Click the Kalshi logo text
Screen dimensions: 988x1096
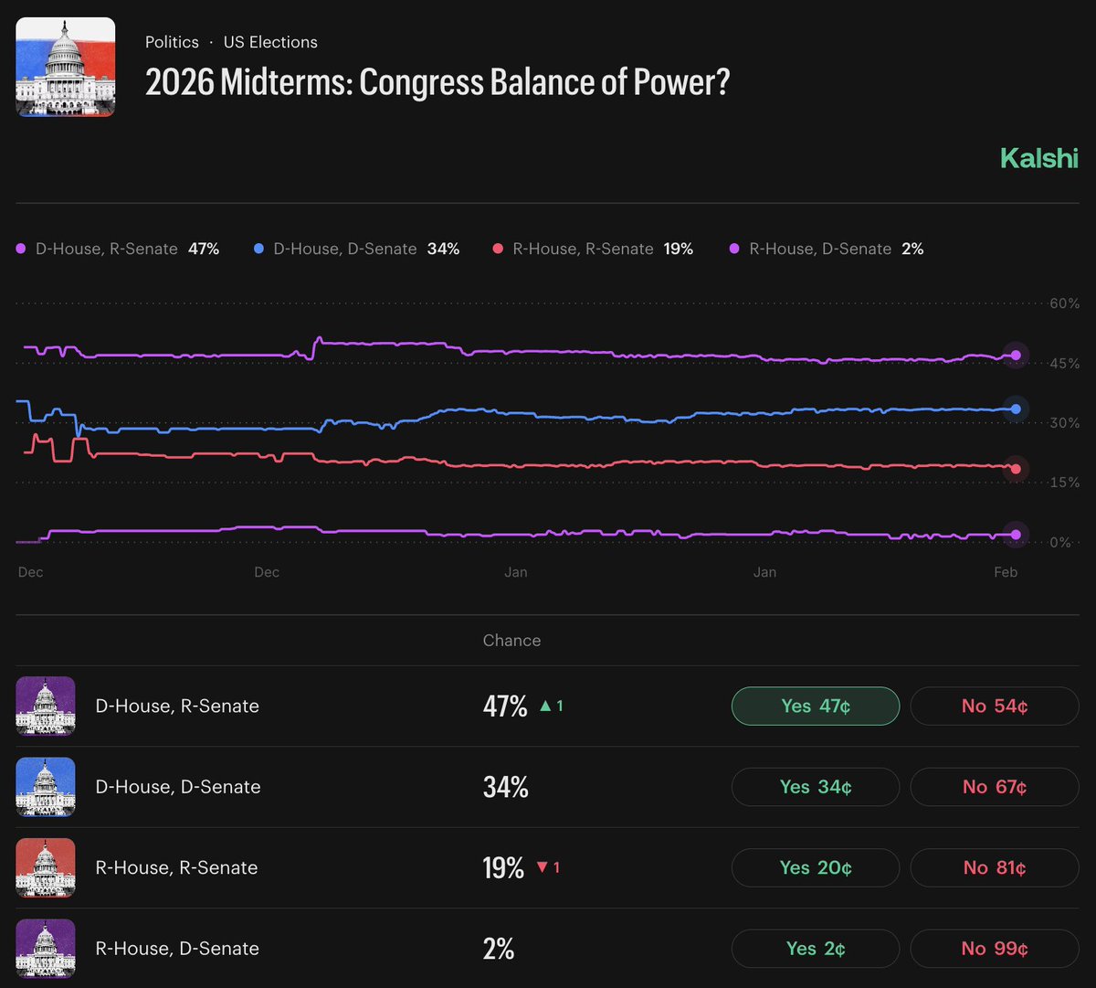coord(1039,158)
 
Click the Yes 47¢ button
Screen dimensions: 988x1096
coord(815,706)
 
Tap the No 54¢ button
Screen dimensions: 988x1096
coord(994,706)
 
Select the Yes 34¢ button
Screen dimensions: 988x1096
coord(815,787)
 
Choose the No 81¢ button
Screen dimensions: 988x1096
coord(994,867)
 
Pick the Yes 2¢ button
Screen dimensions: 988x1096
coord(815,949)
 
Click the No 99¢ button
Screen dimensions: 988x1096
coord(994,949)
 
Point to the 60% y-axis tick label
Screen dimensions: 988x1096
coord(1064,303)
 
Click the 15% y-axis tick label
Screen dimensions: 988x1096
coord(1064,483)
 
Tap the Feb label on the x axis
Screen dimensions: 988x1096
coord(1006,572)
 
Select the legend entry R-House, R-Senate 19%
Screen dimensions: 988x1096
coord(593,249)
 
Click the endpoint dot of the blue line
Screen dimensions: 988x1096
coord(1016,409)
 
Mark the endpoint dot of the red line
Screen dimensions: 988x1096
coord(1016,469)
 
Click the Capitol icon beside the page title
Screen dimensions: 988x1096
coord(66,67)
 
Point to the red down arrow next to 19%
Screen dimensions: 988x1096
coord(542,867)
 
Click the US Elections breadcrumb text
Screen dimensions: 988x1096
coord(270,42)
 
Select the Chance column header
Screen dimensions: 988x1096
coord(511,641)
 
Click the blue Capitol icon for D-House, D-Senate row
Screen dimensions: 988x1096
coord(46,787)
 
